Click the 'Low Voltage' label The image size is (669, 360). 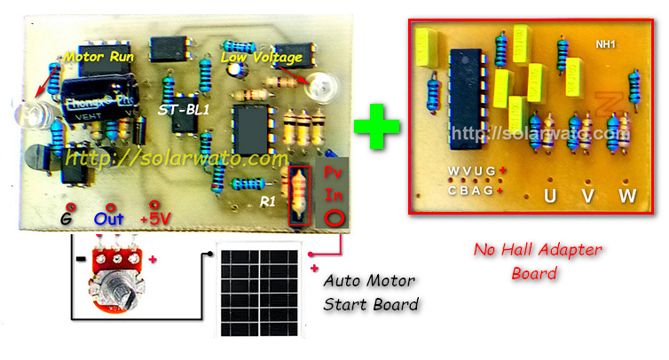(x=261, y=58)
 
